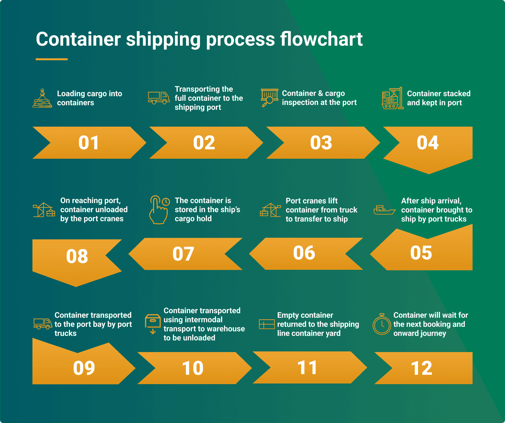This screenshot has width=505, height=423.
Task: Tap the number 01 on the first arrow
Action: click(x=89, y=143)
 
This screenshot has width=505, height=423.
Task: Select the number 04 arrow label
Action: click(x=427, y=143)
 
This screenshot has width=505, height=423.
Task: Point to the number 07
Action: click(x=183, y=254)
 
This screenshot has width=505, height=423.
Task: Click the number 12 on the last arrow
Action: click(x=421, y=368)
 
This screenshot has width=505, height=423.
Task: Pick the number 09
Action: click(x=84, y=368)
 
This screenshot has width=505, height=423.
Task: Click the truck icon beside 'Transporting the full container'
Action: click(x=159, y=97)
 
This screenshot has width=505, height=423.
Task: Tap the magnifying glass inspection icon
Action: click(x=269, y=97)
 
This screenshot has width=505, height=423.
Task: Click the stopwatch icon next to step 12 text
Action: click(x=382, y=324)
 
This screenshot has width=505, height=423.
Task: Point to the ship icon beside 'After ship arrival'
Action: click(x=384, y=210)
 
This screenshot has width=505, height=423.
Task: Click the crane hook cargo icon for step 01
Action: click(x=42, y=98)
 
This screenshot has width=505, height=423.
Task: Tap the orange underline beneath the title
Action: click(x=52, y=59)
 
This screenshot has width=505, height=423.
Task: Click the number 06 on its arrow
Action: click(x=304, y=253)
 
